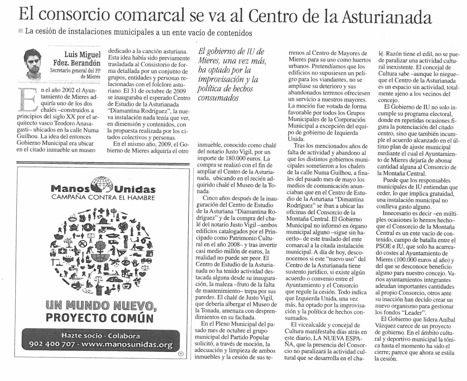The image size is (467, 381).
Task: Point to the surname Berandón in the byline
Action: click(83, 62)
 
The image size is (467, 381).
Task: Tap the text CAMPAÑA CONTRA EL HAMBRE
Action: click(103, 198)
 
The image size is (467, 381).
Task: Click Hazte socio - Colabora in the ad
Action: click(100, 336)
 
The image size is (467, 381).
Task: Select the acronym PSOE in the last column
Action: click(383, 246)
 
